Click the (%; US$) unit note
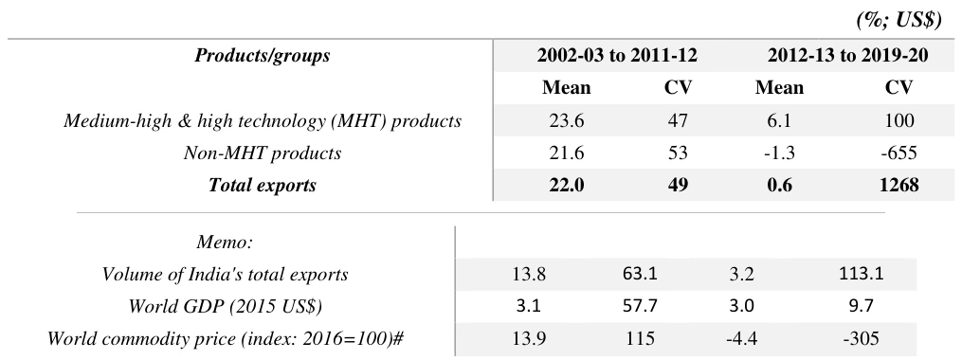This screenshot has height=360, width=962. [x=898, y=20]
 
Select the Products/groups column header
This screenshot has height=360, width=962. [x=262, y=56]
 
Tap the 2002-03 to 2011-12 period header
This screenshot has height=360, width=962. [x=617, y=56]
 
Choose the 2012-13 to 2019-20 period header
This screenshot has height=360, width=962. [x=848, y=56]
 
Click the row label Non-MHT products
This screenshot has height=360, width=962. [x=262, y=153]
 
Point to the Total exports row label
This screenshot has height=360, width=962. [x=262, y=185]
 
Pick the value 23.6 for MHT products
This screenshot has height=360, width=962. [x=566, y=120]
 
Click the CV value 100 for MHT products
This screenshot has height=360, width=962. [x=898, y=120]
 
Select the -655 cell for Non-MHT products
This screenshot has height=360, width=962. [x=898, y=153]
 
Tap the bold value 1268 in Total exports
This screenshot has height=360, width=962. [x=898, y=185]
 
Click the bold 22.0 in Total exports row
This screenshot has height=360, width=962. [x=566, y=185]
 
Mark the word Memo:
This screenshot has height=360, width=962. [x=225, y=242]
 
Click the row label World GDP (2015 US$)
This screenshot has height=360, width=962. [x=225, y=305]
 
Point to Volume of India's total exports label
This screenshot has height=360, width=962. [x=225, y=274]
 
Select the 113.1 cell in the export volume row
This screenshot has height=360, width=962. [x=861, y=274]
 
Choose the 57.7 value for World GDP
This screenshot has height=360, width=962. [x=640, y=305]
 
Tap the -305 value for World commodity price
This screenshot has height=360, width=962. [x=861, y=338]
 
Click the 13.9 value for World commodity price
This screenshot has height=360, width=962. [x=528, y=338]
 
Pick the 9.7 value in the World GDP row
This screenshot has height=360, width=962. [x=861, y=305]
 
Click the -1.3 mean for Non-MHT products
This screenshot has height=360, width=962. [x=779, y=153]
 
